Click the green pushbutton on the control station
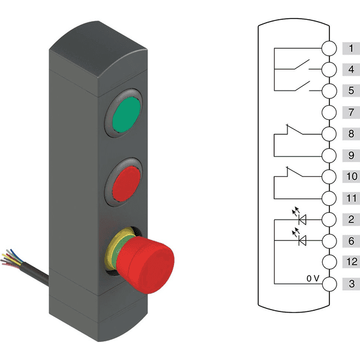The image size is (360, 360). pyautogui.click(x=127, y=115)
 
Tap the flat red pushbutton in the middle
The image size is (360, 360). pyautogui.click(x=127, y=184)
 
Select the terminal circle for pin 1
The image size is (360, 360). pyautogui.click(x=329, y=48)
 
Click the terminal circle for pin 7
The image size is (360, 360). pyautogui.click(x=329, y=113)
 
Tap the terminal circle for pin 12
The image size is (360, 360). pyautogui.click(x=329, y=262)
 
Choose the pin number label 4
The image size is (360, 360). pyautogui.click(x=351, y=70)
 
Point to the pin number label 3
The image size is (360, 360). pyautogui.click(x=352, y=284)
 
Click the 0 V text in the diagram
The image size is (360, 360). pyautogui.click(x=313, y=278)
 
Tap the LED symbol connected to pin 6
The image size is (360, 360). pyautogui.click(x=300, y=237)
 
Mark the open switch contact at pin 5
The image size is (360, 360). pyautogui.click(x=302, y=86)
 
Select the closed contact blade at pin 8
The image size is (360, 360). pyautogui.click(x=295, y=129)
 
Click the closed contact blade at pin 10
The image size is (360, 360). pyautogui.click(x=295, y=172)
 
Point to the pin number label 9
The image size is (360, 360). pyautogui.click(x=351, y=155)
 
